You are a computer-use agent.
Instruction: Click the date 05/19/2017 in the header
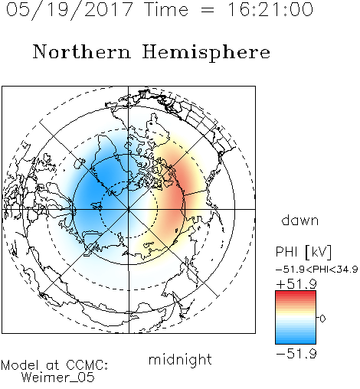coord(70,10)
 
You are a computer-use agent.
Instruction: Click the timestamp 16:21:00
coord(270,9)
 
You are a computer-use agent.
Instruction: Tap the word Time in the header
coord(166,9)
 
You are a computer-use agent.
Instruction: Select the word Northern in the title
coord(81,52)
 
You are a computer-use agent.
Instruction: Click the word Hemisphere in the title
coord(206,53)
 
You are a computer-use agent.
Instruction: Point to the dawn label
coord(300,220)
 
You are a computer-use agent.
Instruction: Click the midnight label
coord(180,359)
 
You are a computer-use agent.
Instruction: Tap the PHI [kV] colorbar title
coord(303,252)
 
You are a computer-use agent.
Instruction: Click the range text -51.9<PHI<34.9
coord(316,270)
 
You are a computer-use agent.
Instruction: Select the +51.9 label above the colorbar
coord(296,284)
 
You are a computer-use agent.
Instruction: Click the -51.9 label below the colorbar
coord(296,354)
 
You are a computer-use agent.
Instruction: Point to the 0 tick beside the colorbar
coord(322,319)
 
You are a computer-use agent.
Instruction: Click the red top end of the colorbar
coord(296,293)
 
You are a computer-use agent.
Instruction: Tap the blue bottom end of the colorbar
coord(296,342)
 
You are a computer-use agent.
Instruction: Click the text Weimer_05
coord(58,378)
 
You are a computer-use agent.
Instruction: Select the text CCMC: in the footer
coord(87,365)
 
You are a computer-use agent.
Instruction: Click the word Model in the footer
coord(21,365)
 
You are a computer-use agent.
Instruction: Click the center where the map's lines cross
coord(129,209)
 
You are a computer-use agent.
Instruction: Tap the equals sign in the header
coord(208,10)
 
